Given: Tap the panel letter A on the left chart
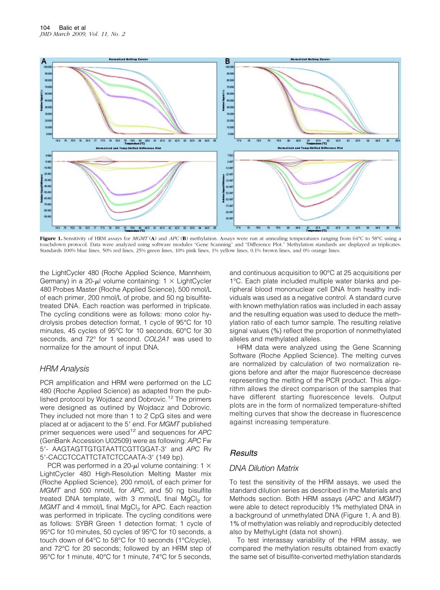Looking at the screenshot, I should click(44, 61).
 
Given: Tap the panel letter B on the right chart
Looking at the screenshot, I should click(227, 61).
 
